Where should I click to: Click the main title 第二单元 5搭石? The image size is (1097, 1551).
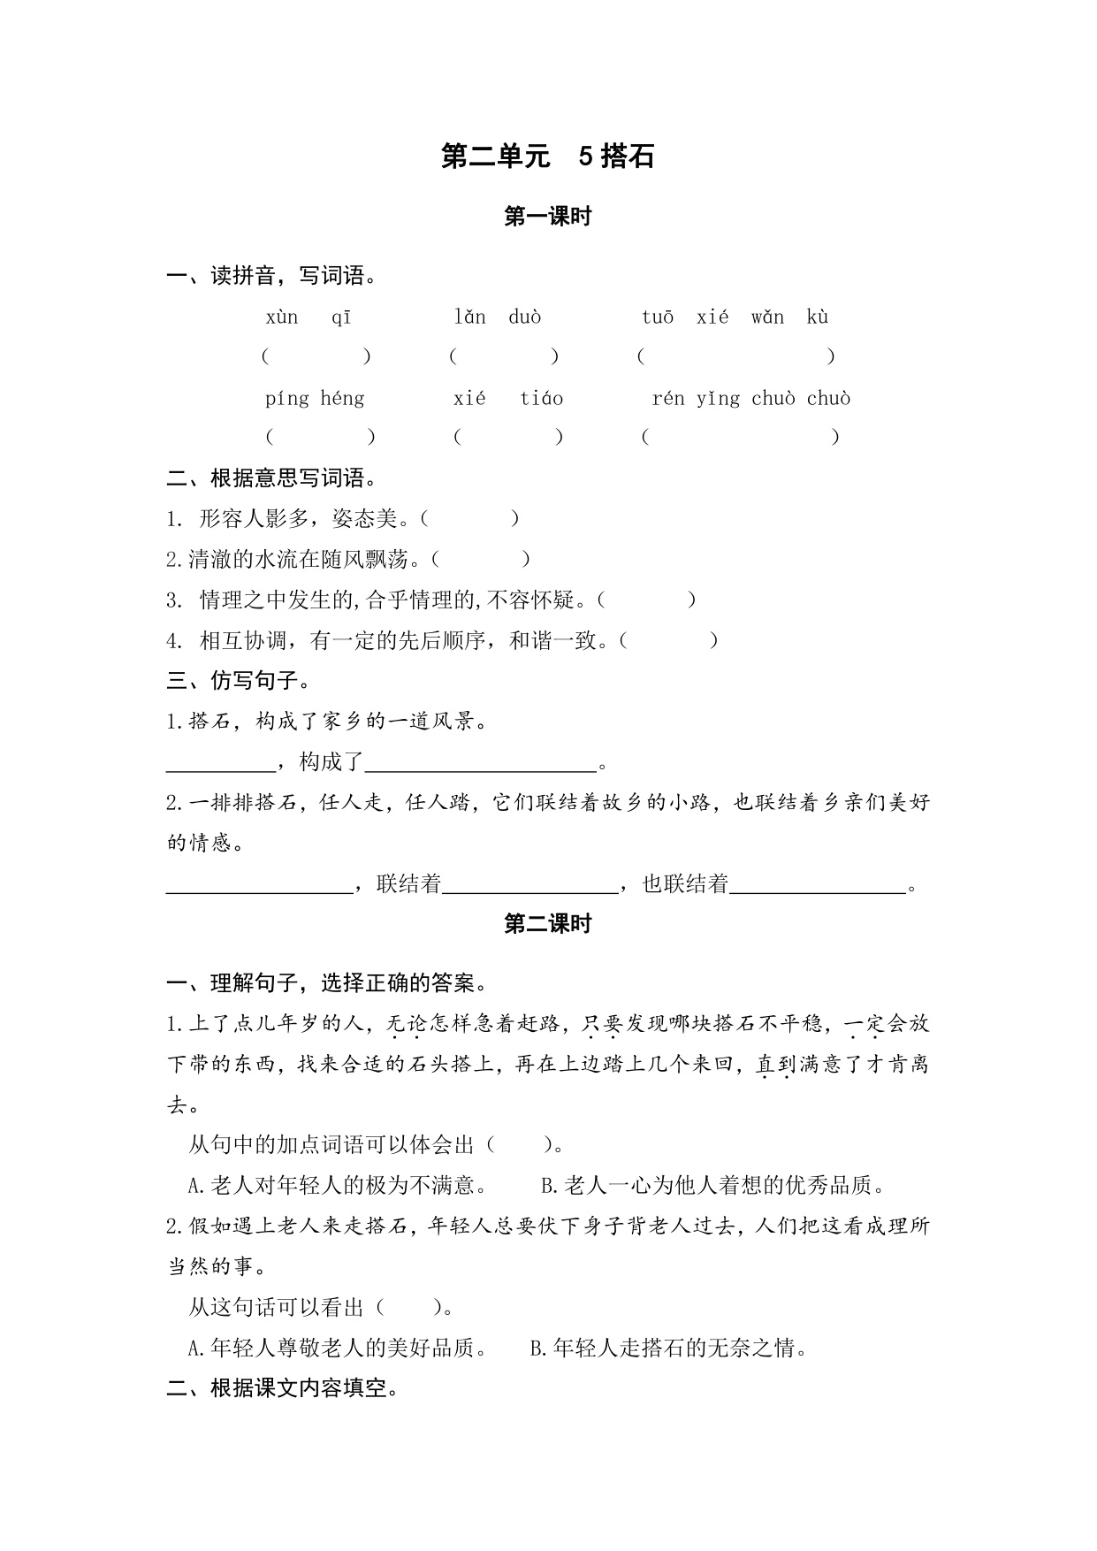[x=547, y=157]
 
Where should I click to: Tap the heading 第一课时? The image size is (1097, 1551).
[x=547, y=217]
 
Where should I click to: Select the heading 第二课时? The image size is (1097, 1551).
[x=547, y=924]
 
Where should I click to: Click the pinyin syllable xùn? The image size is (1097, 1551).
[x=282, y=317]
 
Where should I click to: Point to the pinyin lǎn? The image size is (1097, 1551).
[x=469, y=317]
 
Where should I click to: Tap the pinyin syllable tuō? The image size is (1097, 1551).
[x=658, y=317]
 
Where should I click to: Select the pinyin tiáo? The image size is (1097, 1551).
[x=541, y=399]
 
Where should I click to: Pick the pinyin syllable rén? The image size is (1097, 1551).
[x=668, y=399]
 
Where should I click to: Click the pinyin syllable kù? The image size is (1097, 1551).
[x=818, y=317]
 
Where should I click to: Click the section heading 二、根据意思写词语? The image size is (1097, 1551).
[x=272, y=478]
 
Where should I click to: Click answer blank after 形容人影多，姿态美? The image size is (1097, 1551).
[x=470, y=519]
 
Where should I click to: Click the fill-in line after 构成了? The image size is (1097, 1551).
[x=482, y=762]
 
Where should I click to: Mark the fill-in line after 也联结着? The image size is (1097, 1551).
[x=819, y=884]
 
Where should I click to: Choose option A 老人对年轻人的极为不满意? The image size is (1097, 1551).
[x=338, y=1186]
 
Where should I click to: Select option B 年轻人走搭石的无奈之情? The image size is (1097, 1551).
[x=668, y=1349]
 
